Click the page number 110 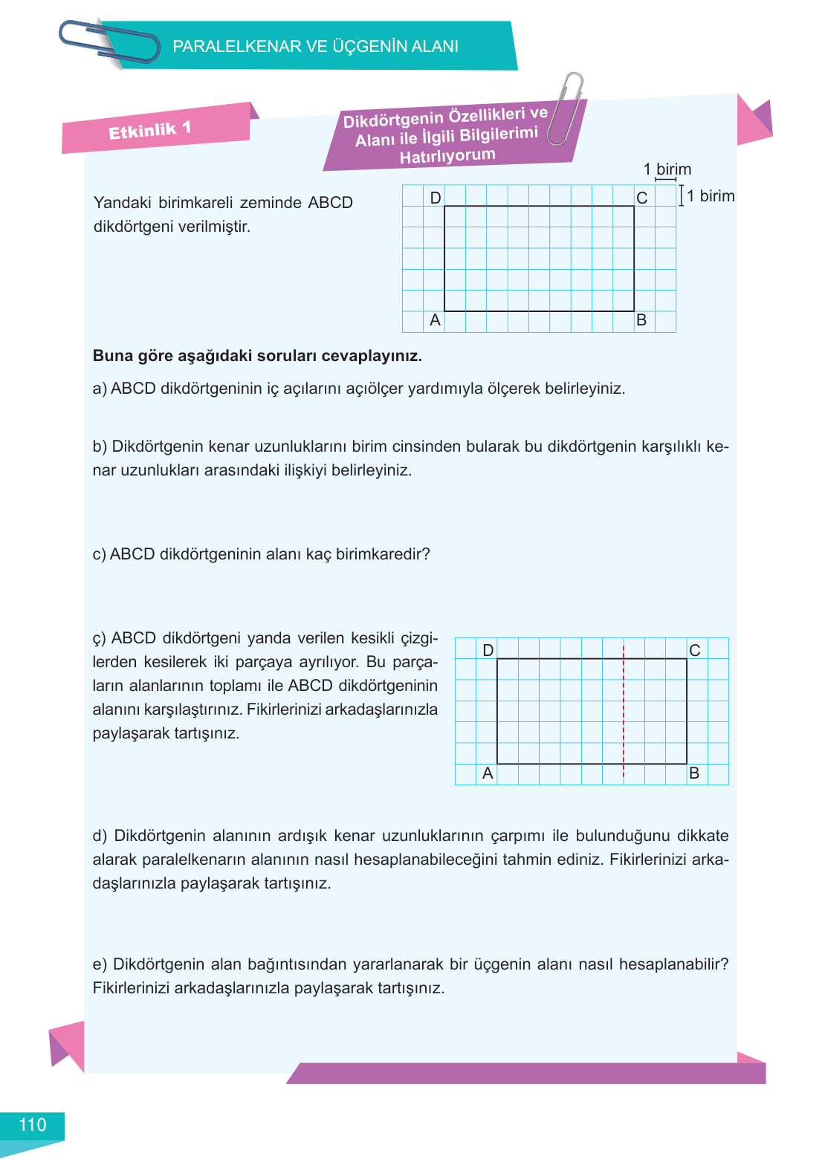[x=32, y=1125]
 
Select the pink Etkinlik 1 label [x=150, y=130]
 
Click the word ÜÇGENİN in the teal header [x=369, y=46]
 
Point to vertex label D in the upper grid [x=436, y=197]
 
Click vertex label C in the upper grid [x=642, y=198]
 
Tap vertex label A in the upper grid [x=436, y=320]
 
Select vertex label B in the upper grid [x=641, y=320]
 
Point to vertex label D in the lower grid [x=488, y=650]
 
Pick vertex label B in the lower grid [x=694, y=773]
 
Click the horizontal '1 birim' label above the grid [x=667, y=169]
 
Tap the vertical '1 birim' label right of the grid [x=710, y=196]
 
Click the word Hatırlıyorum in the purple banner [x=447, y=156]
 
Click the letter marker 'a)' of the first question [x=100, y=389]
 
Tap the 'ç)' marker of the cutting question [x=100, y=639]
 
